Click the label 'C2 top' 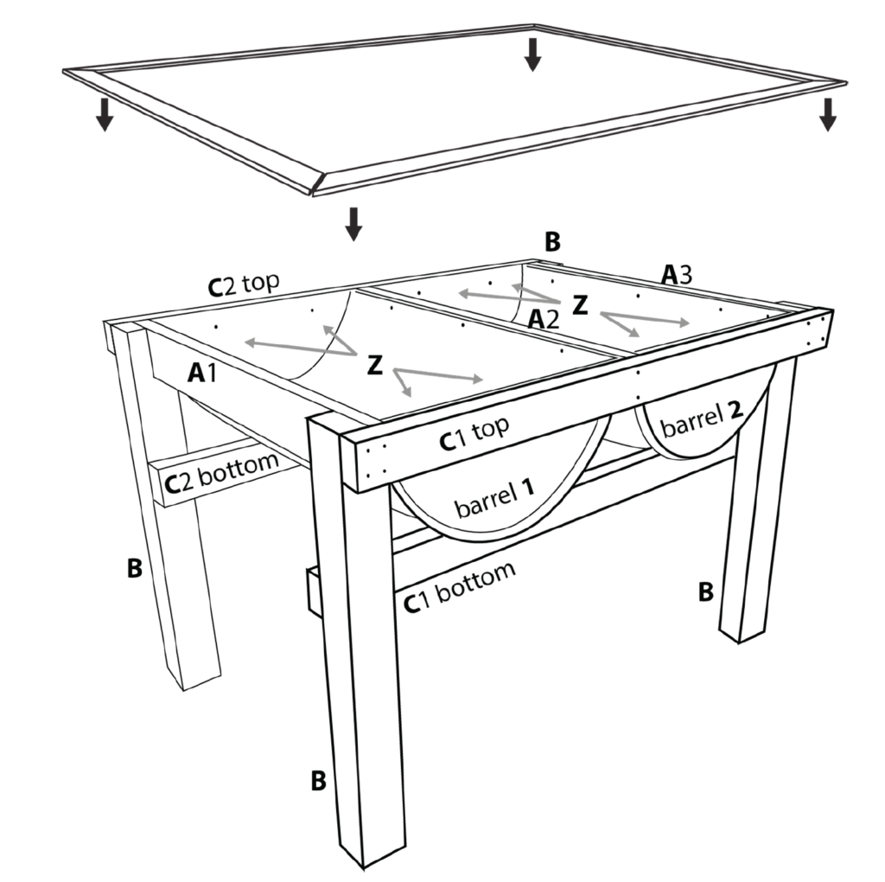point(244,284)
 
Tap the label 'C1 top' point(474,433)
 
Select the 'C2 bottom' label point(221,472)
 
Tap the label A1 point(201,373)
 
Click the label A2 point(543,320)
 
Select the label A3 point(677,275)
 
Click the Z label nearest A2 point(580,305)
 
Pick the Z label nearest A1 point(375,365)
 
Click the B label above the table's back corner point(552,241)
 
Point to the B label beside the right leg point(705,591)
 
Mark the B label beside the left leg point(134,568)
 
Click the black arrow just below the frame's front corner point(353,224)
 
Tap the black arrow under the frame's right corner point(827,115)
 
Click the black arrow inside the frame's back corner point(532,54)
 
